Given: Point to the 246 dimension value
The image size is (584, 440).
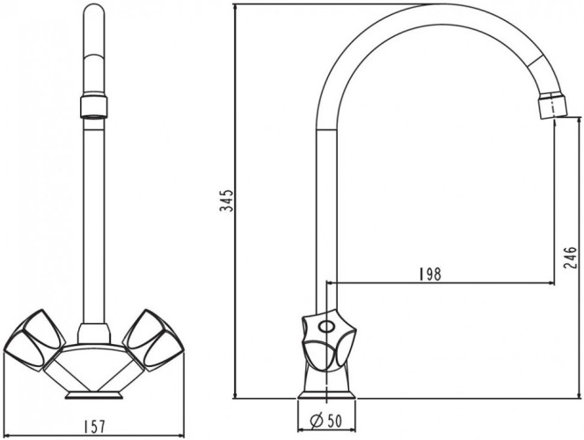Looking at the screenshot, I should (x=571, y=256).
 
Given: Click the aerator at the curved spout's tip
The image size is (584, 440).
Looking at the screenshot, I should (x=551, y=106).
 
